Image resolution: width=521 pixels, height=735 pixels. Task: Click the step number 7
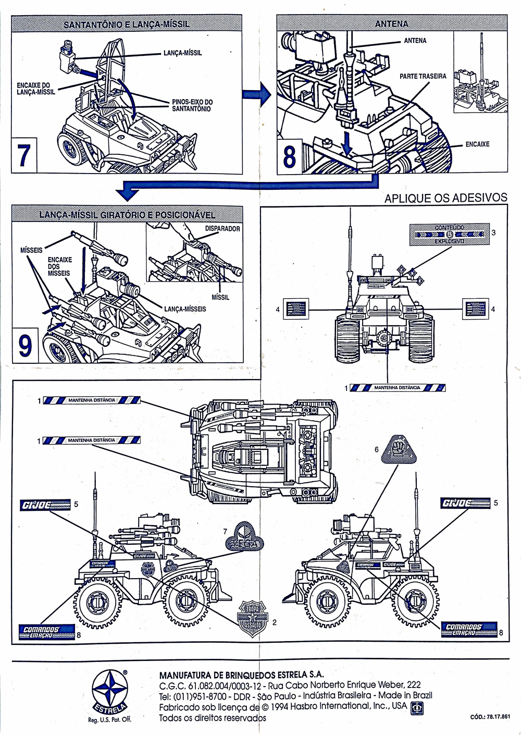coord(23,155)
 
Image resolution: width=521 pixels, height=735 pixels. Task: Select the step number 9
coord(24,345)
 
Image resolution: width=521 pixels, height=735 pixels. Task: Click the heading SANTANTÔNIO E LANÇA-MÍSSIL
coord(126,24)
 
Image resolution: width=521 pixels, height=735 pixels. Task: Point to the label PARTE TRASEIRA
coord(423,76)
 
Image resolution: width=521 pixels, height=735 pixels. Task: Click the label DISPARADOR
coord(222,228)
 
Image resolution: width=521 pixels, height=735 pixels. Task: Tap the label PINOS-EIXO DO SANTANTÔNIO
coord(192,105)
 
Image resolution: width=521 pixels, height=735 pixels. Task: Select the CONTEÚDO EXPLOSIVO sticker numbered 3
coord(449,235)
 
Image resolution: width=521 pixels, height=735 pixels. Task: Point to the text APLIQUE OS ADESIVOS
coord(445,198)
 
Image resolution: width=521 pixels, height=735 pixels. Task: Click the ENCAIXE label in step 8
coord(477,144)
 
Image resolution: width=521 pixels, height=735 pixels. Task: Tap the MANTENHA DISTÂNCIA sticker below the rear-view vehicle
coord(397,388)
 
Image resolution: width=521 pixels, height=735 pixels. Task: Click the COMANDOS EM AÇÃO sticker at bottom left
coord(45,631)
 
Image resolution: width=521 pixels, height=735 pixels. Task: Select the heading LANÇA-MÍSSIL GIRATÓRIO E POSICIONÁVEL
coord(127,215)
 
